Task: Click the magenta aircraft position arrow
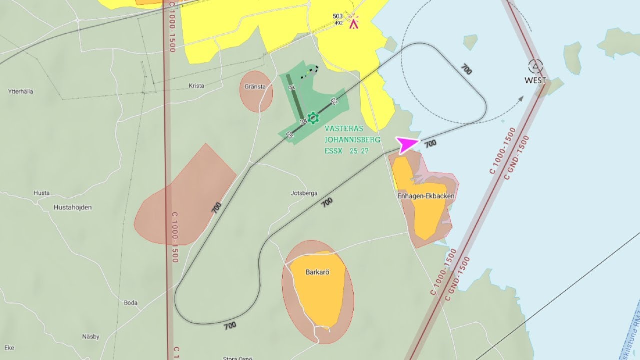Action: click(x=407, y=145)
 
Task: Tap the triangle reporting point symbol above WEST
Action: click(x=535, y=66)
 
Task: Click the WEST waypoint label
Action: click(x=535, y=80)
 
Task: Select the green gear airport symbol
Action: click(x=313, y=118)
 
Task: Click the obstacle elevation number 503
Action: click(x=338, y=16)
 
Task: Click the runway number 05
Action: click(x=289, y=134)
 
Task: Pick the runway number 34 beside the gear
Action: click(x=303, y=121)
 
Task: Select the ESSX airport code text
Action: click(x=333, y=151)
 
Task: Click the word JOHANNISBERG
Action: click(x=352, y=140)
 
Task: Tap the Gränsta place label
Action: click(x=255, y=86)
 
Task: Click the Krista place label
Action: click(x=196, y=86)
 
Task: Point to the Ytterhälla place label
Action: click(x=21, y=91)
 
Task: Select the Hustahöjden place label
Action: click(x=73, y=207)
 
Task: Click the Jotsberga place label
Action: click(x=304, y=193)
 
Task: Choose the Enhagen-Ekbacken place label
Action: click(x=426, y=196)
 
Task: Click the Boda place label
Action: click(x=130, y=303)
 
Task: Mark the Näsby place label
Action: click(x=91, y=337)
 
